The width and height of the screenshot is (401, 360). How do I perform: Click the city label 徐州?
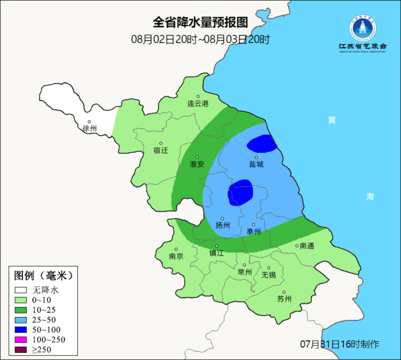[x=90, y=128]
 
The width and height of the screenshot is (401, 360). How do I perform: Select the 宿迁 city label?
[x=161, y=150]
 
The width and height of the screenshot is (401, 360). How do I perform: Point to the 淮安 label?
[x=197, y=164]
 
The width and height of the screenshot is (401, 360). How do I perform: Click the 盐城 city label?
[x=256, y=164]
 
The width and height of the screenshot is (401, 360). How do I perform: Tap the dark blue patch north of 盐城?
[x=262, y=144]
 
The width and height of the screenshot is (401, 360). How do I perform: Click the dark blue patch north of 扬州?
[x=240, y=192]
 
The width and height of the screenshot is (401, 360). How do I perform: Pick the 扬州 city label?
[x=223, y=225]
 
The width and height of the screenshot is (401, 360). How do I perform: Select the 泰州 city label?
[x=254, y=231]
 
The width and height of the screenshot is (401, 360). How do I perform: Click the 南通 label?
[x=307, y=246]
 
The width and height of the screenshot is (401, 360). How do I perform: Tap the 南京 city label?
[x=176, y=256]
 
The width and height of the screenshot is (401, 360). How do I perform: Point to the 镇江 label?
[x=217, y=253]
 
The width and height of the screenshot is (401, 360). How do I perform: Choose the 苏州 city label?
[x=284, y=299]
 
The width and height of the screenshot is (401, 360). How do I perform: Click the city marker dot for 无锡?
[x=269, y=268]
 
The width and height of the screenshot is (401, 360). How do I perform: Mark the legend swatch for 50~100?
[x=20, y=329]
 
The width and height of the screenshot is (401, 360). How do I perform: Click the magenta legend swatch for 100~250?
[x=20, y=339]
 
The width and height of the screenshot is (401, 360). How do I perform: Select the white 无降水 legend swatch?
[x=20, y=290]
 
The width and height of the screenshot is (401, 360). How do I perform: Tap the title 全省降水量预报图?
[x=200, y=22]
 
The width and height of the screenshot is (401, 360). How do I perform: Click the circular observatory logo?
[x=363, y=29]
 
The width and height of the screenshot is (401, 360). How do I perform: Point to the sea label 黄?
[x=332, y=120]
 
